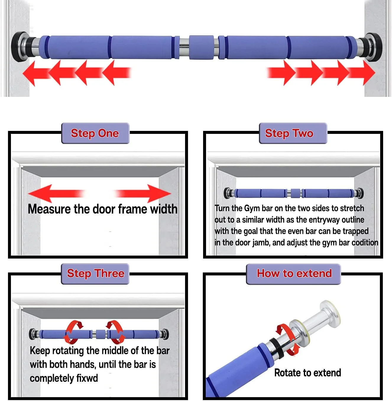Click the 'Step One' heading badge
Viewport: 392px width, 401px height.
tap(95, 133)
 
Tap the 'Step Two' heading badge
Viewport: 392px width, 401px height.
tap(293, 133)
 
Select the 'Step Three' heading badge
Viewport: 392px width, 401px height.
tap(95, 274)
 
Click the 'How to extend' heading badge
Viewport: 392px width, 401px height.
tap(294, 274)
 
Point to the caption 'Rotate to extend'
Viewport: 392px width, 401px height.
tap(308, 373)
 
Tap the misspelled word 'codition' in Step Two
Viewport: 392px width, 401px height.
tap(365, 243)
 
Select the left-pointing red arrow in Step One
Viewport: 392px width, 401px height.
tap(56, 193)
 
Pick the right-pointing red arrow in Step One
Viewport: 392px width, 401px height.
tap(143, 193)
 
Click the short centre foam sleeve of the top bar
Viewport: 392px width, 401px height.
tap(201, 47)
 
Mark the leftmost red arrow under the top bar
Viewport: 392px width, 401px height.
tap(36, 73)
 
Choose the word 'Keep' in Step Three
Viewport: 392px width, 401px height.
tap(40, 351)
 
